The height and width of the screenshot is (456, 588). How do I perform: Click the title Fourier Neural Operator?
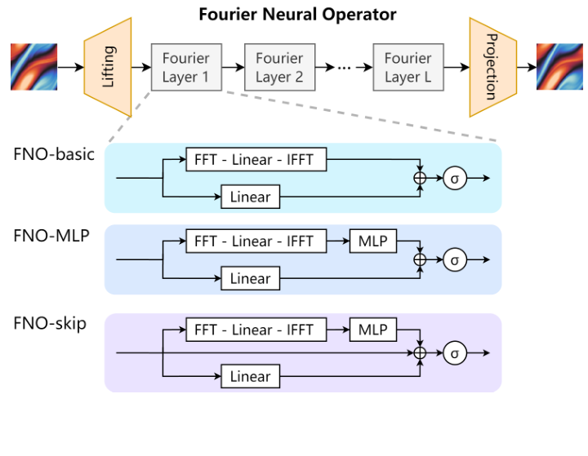point(298,14)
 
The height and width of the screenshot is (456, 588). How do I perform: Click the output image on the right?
point(559,67)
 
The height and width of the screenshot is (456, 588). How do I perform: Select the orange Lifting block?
point(108,67)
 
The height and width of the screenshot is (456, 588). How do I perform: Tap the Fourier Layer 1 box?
point(185,68)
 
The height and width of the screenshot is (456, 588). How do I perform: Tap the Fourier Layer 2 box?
point(279,68)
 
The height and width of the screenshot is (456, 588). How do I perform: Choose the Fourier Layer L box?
point(408,68)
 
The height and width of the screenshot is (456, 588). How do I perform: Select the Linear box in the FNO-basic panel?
point(250,197)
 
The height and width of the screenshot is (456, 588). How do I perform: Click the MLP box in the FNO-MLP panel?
point(372,241)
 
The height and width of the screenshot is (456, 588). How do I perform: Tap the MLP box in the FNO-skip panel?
point(372,330)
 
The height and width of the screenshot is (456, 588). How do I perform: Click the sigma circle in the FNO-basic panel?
point(455,177)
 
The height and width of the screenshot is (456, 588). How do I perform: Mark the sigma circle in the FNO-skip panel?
point(455,352)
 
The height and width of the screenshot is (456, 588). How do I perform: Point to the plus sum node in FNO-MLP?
point(421,259)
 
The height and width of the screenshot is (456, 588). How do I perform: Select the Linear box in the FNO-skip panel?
point(250,376)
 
